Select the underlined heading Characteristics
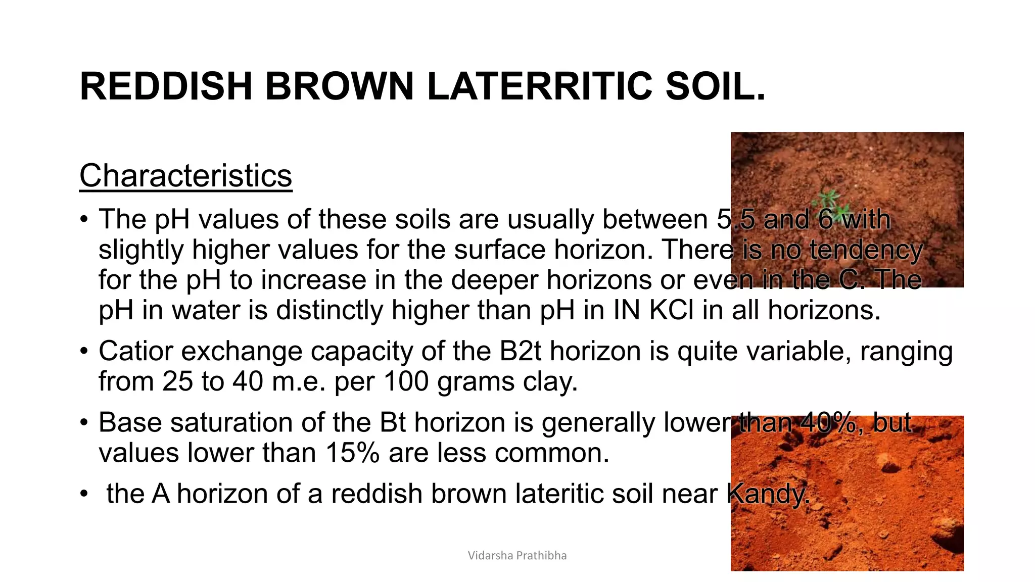click(185, 176)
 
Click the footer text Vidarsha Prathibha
click(517, 556)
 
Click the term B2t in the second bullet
click(520, 351)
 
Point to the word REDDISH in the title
click(166, 86)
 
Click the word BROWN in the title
click(340, 86)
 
